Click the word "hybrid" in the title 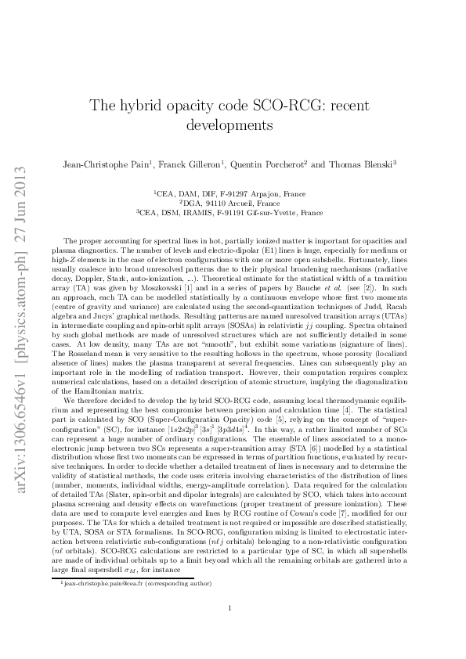[155, 105]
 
